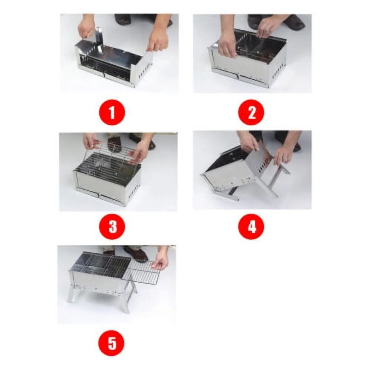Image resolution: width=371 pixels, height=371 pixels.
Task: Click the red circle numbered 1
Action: tap(112, 112)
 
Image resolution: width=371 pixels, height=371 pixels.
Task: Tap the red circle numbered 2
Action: tap(251, 112)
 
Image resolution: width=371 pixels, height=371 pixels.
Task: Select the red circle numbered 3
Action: tap(112, 226)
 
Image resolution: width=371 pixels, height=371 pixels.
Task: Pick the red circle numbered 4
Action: tap(251, 226)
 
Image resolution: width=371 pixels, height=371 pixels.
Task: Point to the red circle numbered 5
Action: tap(111, 343)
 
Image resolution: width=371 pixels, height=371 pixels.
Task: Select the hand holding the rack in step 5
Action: tap(161, 261)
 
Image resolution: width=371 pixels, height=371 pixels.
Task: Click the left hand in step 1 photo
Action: tap(86, 28)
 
